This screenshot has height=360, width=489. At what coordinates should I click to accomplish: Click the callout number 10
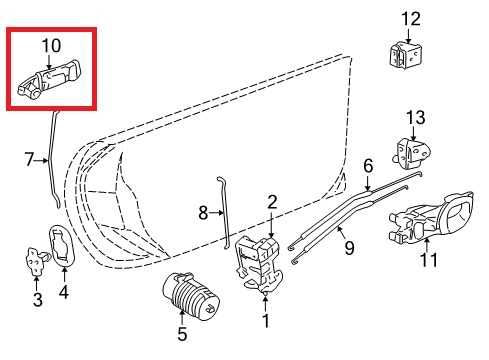pos(49,45)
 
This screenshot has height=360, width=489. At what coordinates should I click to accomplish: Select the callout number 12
pos(412,18)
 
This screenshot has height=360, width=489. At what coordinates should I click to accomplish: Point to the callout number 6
pos(368,165)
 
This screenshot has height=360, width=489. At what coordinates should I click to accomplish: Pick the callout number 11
pos(429,262)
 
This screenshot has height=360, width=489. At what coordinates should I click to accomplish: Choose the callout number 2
pos(271,203)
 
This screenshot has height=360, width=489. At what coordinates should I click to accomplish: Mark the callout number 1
pos(265,321)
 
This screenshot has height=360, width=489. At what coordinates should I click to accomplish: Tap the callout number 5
pos(182,335)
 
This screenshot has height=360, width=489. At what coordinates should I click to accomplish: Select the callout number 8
pos(203,212)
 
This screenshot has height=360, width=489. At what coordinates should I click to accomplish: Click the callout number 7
pos(30,158)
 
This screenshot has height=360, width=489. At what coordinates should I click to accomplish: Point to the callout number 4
pos(65,293)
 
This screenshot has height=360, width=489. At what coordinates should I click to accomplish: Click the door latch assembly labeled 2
pos(258,262)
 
